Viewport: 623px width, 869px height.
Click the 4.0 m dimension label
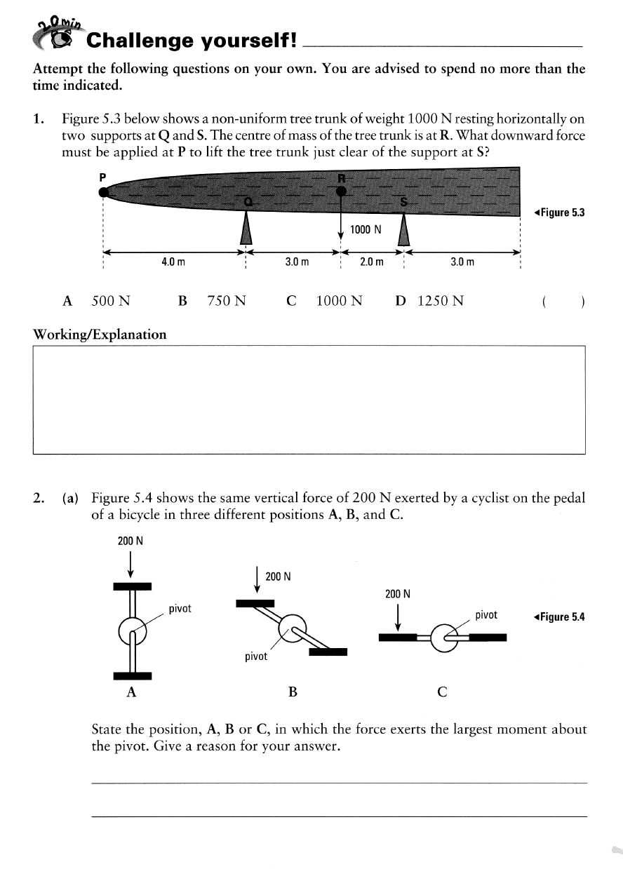173,262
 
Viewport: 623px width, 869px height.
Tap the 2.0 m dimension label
371,262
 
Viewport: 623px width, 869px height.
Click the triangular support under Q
246,227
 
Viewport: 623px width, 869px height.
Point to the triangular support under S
403,227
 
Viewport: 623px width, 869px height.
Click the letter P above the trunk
102,177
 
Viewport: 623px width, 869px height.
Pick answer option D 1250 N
429,301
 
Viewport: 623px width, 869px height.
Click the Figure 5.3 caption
558,213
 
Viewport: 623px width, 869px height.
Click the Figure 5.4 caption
558,617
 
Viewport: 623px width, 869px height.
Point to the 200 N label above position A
130,541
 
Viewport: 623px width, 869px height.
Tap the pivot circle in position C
443,638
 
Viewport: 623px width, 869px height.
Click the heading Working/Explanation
100,334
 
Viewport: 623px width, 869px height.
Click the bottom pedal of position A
133,675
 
